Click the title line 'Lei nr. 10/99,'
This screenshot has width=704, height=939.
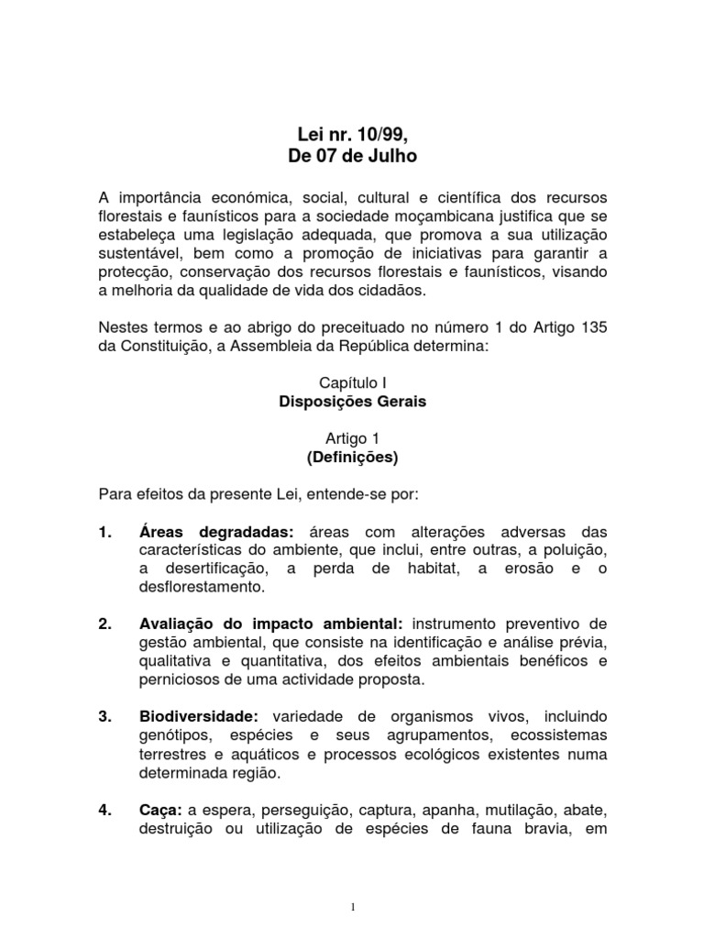[352, 135]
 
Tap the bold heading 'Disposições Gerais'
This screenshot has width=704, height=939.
[352, 402]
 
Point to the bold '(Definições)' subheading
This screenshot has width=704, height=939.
[352, 456]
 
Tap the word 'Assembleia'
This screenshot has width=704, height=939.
[293, 348]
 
